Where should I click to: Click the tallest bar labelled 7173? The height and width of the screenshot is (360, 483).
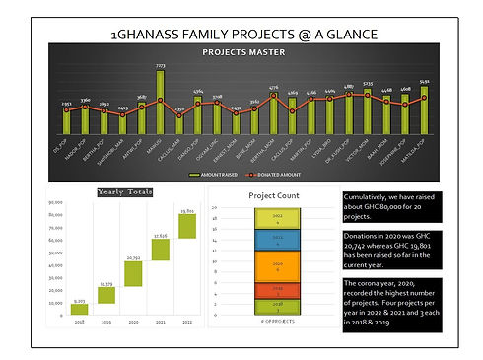tap(160, 103)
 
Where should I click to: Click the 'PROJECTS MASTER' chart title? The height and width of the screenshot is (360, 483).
tap(243, 50)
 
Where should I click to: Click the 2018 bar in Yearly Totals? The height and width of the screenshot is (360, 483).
tap(79, 309)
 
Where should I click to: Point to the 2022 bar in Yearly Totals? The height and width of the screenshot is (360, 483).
tap(186, 226)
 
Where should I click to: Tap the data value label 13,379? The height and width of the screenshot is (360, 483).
tap(106, 284)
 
